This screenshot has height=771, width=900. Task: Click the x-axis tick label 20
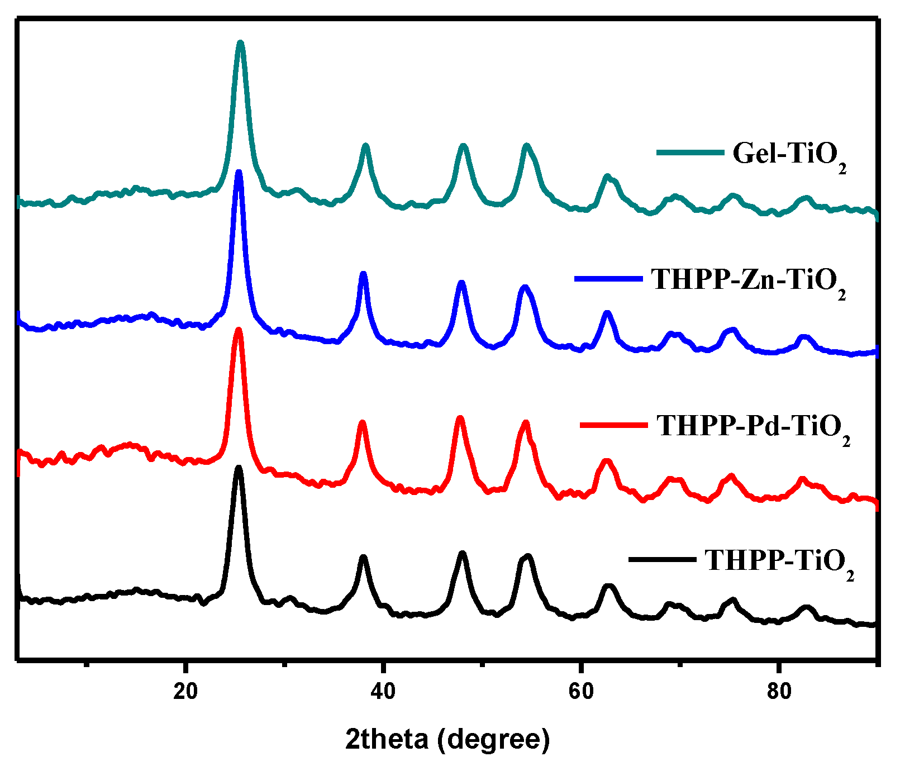point(185,692)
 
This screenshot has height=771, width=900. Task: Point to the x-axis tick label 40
point(383,692)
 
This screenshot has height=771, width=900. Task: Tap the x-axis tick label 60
point(581,692)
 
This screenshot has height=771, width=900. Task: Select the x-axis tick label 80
point(779,692)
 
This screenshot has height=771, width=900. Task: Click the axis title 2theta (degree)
point(447,739)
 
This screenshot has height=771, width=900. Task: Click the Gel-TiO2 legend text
point(789,155)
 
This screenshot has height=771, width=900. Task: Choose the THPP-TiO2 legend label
point(779,561)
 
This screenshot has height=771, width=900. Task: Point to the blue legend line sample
point(608,277)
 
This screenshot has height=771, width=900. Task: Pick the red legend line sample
point(614,425)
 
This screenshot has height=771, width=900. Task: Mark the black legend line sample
point(663,559)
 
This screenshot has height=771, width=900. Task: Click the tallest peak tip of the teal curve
point(241,43)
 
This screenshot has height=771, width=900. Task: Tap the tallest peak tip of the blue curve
point(239,173)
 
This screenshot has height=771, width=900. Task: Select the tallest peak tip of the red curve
point(239,330)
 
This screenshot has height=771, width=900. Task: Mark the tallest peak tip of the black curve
point(239,467)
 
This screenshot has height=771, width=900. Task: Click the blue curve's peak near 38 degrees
point(364,274)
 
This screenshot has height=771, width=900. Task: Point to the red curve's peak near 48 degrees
point(460,418)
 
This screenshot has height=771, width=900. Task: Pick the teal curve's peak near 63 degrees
point(607,177)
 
